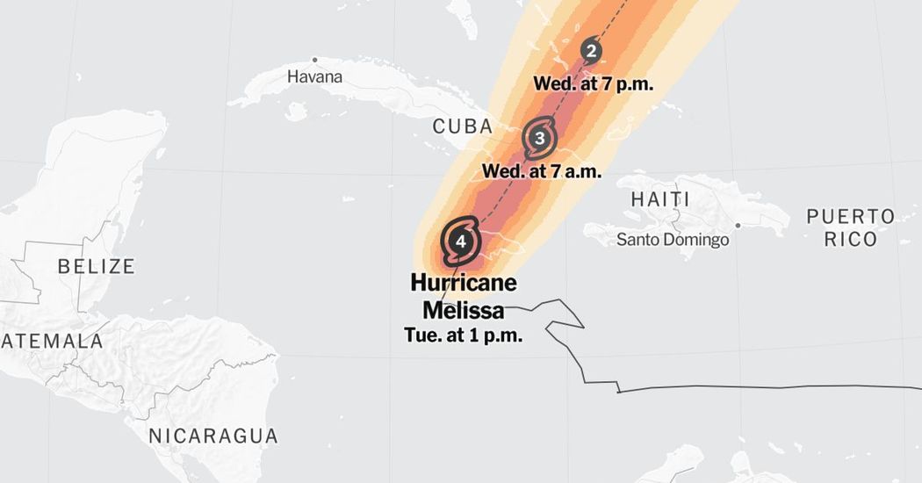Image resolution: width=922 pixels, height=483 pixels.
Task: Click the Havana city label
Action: coord(314,77)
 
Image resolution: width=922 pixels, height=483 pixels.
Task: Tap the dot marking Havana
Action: coord(314,60)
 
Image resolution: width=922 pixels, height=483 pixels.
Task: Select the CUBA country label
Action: coord(463,126)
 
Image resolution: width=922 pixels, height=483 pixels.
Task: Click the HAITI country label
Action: coord(660,199)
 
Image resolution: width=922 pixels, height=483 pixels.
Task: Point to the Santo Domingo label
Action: coord(673,240)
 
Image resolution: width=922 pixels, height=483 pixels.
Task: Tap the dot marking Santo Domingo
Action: coord(738,225)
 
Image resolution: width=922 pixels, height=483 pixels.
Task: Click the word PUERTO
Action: coord(851,217)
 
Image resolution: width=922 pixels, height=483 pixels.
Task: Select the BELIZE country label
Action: coord(97,266)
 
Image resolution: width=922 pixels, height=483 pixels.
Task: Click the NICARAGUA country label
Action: coord(212,436)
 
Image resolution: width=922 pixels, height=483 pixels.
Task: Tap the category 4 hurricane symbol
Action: coord(461,240)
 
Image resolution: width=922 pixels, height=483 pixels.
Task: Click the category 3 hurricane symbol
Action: coord(539,138)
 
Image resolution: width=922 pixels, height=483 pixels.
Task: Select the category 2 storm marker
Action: coord(591,51)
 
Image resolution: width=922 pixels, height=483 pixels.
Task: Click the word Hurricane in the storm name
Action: coord(464,284)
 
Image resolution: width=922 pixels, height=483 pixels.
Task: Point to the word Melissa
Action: coord(464,310)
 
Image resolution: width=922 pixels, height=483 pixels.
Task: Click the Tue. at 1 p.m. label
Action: coord(464,335)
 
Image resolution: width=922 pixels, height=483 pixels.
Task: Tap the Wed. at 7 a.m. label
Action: coord(542,171)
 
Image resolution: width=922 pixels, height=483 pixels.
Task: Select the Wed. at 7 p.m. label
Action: coord(594,84)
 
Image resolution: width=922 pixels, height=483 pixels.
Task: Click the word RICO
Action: coord(851,240)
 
